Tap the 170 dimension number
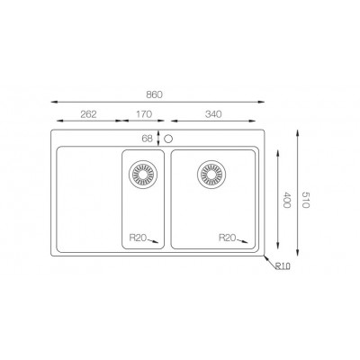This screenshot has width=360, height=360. pos(142,115)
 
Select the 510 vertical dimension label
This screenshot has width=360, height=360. pos(305,199)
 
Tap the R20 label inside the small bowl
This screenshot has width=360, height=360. pos(138,238)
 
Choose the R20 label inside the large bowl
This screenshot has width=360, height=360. pos(226,238)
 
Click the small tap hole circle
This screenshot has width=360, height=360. pos(168,138)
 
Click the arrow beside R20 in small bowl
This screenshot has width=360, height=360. pos(154,240)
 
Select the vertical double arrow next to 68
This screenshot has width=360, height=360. pos(159,138)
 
